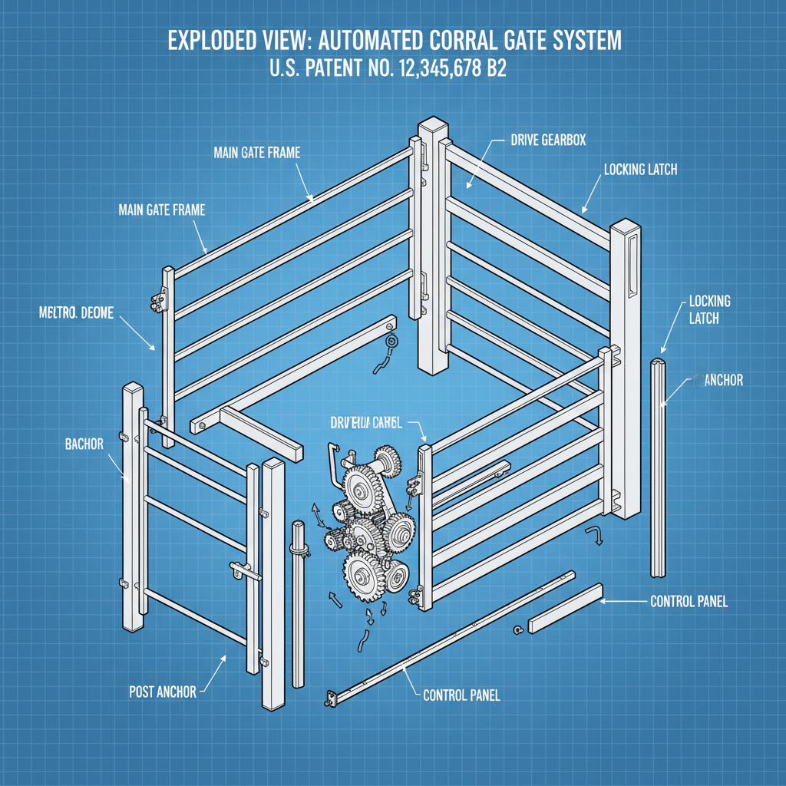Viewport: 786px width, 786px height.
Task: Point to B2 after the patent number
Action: click(494, 69)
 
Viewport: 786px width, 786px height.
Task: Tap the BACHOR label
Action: click(84, 444)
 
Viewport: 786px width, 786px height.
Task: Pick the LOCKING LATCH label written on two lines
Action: click(709, 309)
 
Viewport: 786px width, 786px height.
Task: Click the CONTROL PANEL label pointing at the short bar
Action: click(689, 602)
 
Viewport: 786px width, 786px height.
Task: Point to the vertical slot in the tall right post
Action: click(631, 266)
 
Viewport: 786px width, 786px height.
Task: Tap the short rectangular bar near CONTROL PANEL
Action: click(565, 608)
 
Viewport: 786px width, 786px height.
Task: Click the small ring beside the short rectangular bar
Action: click(519, 630)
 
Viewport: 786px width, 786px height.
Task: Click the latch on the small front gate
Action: click(246, 571)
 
